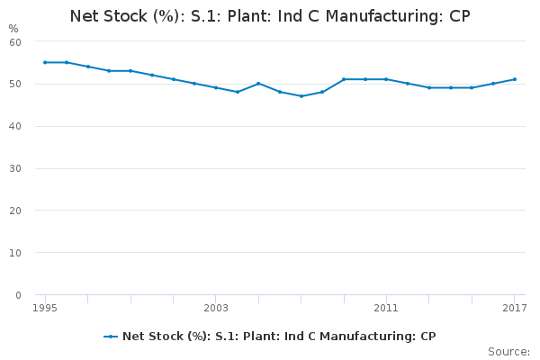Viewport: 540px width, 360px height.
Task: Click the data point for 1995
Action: tap(45, 62)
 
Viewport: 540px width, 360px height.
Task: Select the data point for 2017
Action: tap(515, 79)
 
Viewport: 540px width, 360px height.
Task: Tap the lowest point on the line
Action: tap(301, 96)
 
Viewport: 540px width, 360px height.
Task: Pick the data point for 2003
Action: tap(216, 87)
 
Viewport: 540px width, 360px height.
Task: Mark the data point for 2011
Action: tap(386, 79)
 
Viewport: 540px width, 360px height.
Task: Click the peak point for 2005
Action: tap(258, 84)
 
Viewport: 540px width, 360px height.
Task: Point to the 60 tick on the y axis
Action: tap(15, 42)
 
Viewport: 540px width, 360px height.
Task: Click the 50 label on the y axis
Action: tap(15, 84)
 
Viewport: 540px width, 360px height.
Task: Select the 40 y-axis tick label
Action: tap(15, 126)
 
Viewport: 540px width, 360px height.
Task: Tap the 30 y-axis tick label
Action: tap(15, 168)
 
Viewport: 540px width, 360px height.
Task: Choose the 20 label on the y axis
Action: tap(15, 211)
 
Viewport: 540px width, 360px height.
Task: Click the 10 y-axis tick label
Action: tap(15, 253)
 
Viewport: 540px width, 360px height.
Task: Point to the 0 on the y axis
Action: tap(18, 295)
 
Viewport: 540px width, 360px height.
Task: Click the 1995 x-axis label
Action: tap(45, 308)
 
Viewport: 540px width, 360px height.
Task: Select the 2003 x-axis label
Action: tap(216, 308)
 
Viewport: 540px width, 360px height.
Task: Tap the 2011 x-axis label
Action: tap(386, 308)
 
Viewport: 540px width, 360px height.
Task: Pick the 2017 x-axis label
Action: tap(515, 308)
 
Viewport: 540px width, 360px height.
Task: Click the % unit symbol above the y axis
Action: tap(13, 29)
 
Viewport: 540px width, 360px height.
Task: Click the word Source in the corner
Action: tap(508, 352)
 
